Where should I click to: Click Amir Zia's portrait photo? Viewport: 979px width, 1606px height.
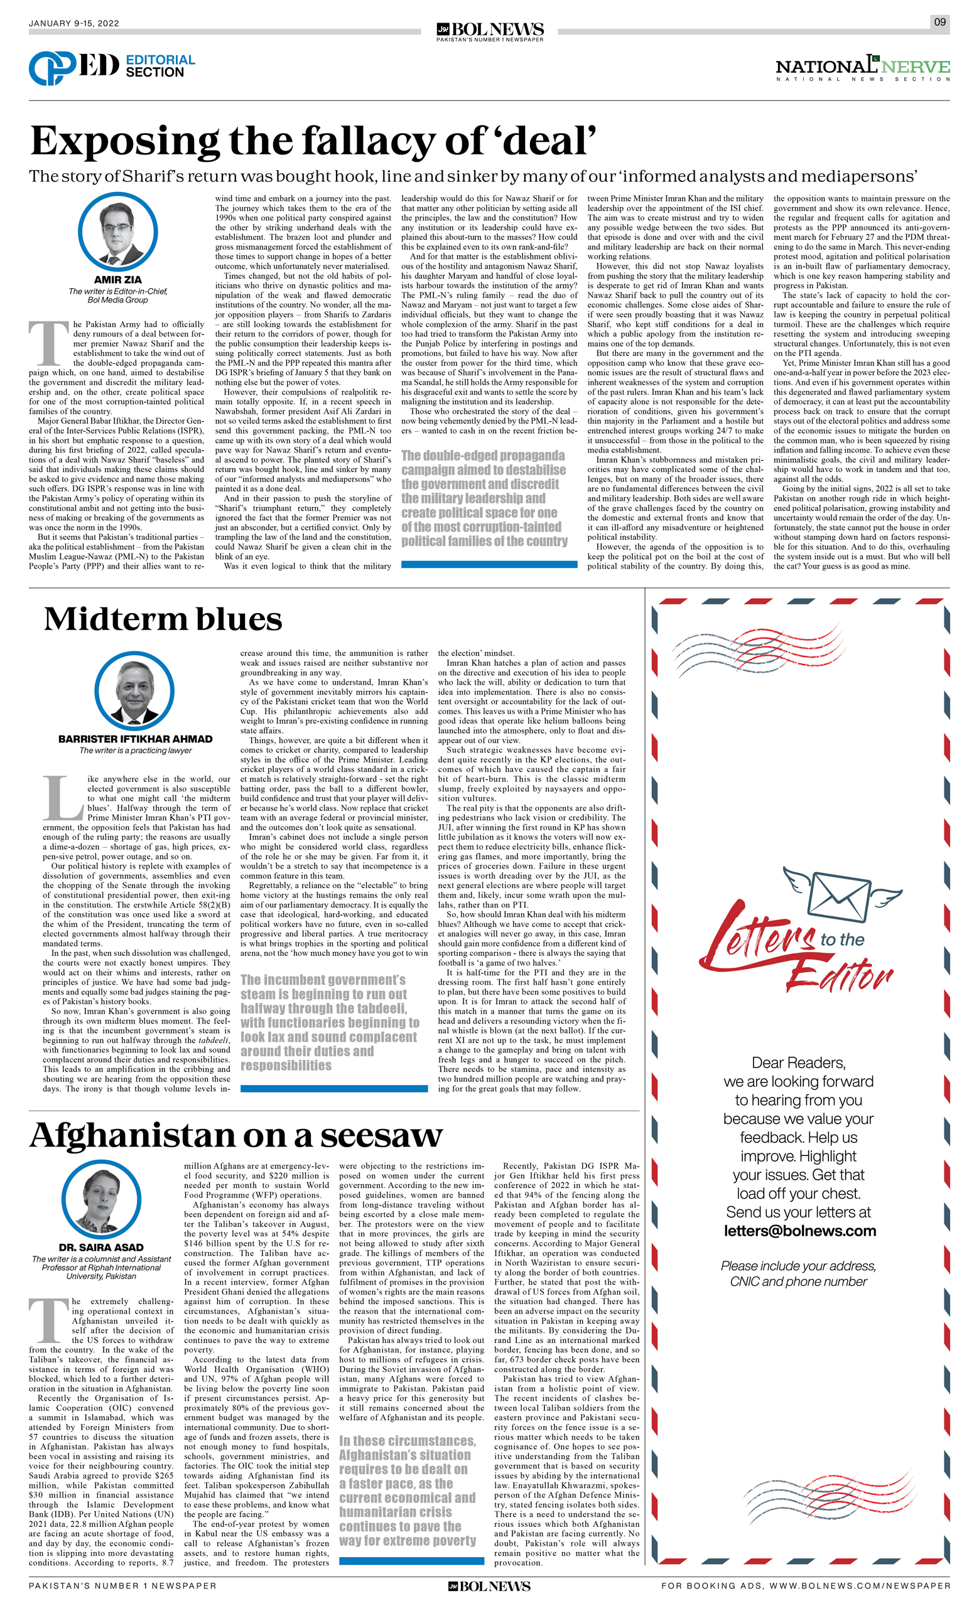pyautogui.click(x=117, y=232)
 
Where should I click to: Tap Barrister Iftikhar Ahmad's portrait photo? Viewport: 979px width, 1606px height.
pyautogui.click(x=134, y=692)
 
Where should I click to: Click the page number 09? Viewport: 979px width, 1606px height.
pyautogui.click(x=939, y=21)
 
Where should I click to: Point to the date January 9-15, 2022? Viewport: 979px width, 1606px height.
pyautogui.click(x=73, y=23)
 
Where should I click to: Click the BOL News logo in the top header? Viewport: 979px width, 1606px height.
pyautogui.click(x=490, y=31)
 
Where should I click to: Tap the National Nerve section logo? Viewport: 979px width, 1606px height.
pyautogui.click(x=862, y=68)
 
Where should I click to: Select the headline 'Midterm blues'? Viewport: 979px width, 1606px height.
pyautogui.click(x=163, y=619)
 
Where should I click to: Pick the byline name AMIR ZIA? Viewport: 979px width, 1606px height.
pyautogui.click(x=117, y=281)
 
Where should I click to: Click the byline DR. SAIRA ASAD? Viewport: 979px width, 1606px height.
pyautogui.click(x=101, y=1248)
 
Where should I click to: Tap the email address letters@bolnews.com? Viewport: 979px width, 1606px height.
pyautogui.click(x=799, y=1231)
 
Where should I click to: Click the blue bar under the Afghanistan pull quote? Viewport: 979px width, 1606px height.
pyautogui.click(x=411, y=1560)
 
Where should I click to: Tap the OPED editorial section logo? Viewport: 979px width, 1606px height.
pyautogui.click(x=112, y=67)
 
